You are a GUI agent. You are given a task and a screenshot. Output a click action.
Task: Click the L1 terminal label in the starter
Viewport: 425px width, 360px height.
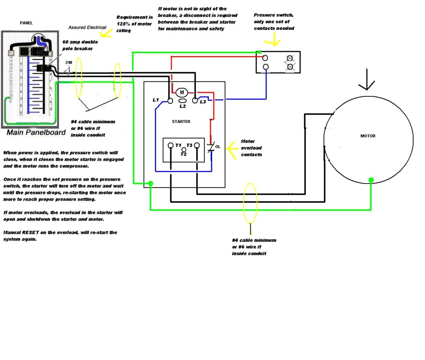point(156,100)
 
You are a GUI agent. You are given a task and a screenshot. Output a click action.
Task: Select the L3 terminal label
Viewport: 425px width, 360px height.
point(203,102)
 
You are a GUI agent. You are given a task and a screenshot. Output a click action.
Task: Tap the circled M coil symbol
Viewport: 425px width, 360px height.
point(182,92)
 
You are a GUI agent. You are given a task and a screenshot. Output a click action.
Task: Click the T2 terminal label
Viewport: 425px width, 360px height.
point(183,154)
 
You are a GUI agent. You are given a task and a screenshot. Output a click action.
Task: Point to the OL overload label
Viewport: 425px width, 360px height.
point(218,147)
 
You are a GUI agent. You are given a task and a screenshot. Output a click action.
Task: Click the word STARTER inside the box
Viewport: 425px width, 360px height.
point(181,122)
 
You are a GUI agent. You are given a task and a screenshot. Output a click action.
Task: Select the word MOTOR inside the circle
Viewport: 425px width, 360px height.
point(368,136)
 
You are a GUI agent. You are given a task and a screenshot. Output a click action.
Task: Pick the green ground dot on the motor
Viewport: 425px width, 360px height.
point(371,180)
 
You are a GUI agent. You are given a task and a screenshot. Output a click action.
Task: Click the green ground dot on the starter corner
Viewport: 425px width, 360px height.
point(151,183)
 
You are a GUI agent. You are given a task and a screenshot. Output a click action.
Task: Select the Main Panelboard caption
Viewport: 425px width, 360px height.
point(36,132)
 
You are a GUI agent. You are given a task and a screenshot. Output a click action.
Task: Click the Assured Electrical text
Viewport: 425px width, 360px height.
point(87,27)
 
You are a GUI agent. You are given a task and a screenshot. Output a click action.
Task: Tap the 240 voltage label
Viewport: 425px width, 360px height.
point(68,63)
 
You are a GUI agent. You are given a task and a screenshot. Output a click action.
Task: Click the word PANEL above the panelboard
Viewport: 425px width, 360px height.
point(26,23)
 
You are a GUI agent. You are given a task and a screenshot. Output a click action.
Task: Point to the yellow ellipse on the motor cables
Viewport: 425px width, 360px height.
point(250,203)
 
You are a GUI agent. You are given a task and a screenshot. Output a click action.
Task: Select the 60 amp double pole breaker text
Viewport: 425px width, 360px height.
point(78,46)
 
